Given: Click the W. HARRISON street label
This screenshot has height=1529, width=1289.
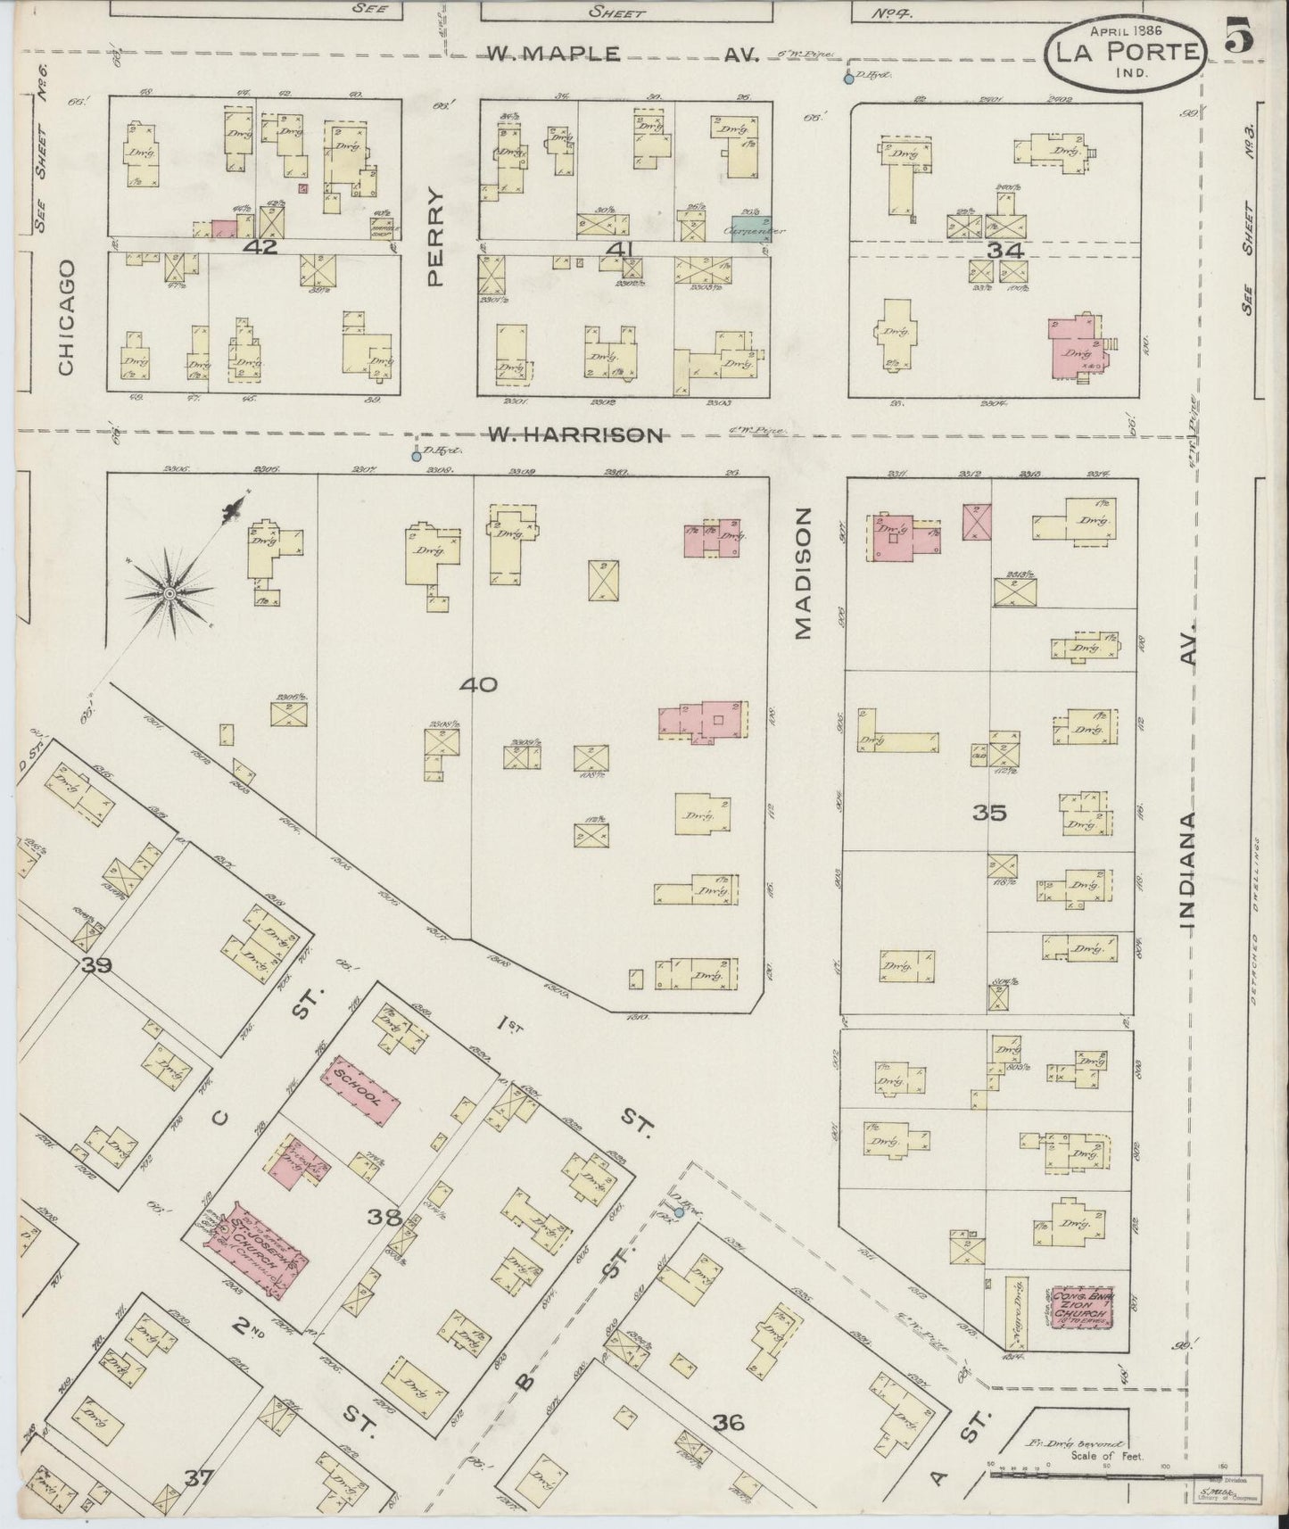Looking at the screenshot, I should click(x=576, y=434).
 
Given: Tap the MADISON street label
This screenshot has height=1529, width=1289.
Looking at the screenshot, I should click(x=804, y=574).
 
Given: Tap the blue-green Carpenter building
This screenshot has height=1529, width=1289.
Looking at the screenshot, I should click(x=751, y=227).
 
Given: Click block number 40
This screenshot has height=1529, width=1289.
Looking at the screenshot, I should click(x=479, y=685).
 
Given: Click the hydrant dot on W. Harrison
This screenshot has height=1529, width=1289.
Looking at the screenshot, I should click(x=416, y=457).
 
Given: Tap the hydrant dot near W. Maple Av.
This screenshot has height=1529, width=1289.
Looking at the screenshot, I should click(x=848, y=79).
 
